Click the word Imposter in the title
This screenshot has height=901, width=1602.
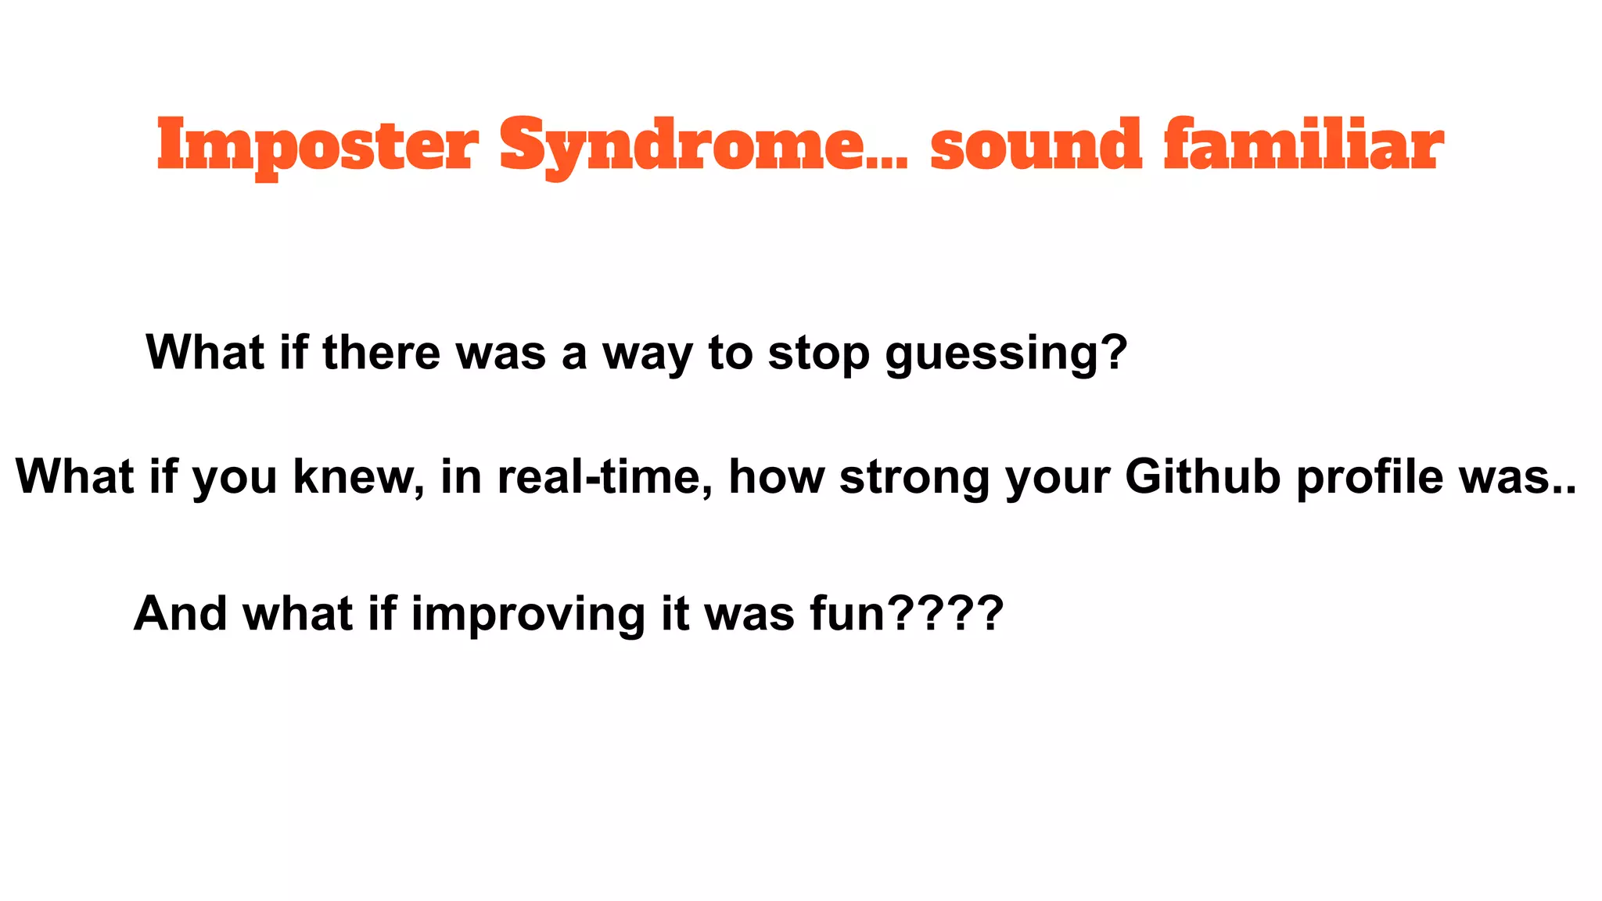point(317,145)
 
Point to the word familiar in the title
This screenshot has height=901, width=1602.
point(1303,145)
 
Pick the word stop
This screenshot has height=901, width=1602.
point(818,354)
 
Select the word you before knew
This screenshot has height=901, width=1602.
point(235,477)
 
